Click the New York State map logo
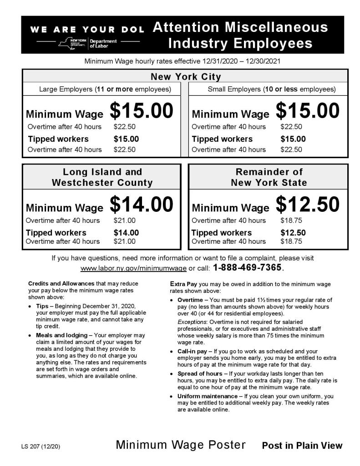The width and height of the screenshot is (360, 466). pos(66,43)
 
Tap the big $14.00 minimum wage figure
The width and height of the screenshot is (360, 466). pos(142,205)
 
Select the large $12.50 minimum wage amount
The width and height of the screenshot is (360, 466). pos(308,205)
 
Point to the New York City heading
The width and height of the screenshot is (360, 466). pos(185,77)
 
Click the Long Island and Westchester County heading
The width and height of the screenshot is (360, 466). pos(102,177)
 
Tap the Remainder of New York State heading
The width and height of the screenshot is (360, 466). pos(269,177)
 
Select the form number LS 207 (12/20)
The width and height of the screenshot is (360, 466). pos(40,446)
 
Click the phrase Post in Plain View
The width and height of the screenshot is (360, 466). pos(302,446)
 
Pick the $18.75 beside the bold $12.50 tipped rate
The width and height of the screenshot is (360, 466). pos(289,241)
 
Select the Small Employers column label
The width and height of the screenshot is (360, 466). pos(272,89)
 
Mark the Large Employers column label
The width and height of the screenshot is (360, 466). pos(105,89)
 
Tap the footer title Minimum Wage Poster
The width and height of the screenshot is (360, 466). pos(181,445)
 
